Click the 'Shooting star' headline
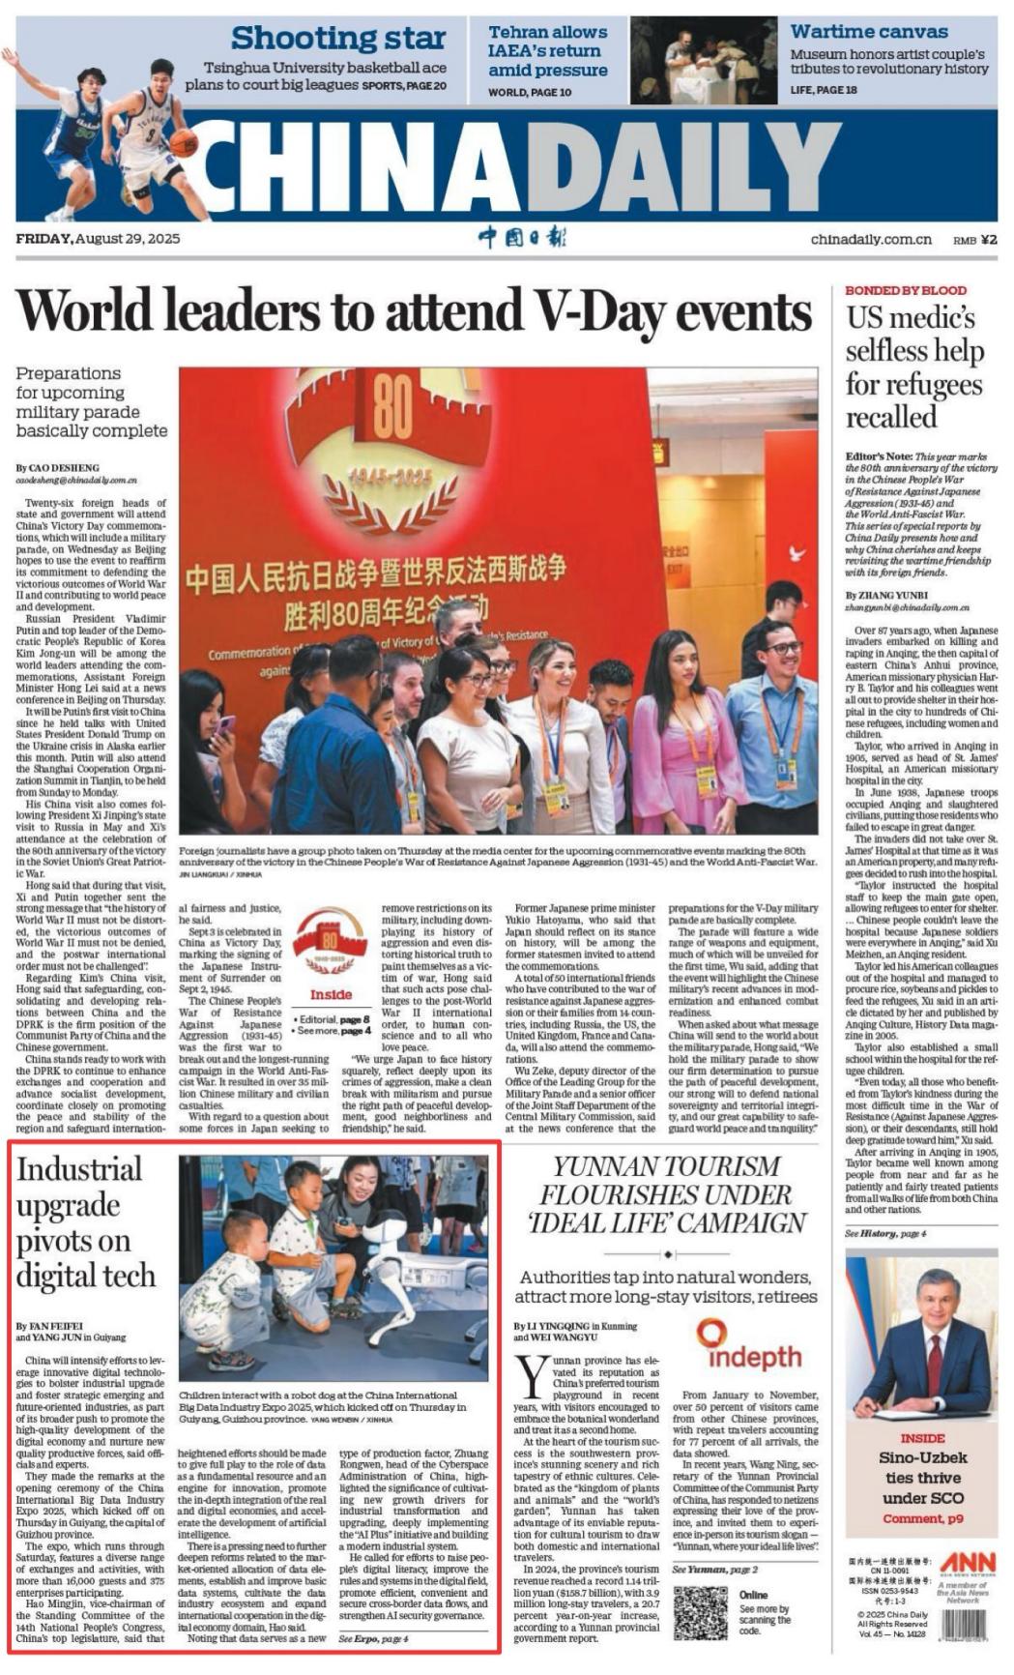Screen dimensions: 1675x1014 (337, 39)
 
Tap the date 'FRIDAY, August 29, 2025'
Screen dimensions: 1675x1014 (98, 239)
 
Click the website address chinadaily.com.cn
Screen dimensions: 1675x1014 (871, 240)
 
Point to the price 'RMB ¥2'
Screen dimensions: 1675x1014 (974, 240)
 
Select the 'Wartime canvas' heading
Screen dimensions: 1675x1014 (868, 32)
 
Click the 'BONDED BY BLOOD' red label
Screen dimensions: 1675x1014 (905, 290)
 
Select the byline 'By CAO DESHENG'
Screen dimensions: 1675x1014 (57, 468)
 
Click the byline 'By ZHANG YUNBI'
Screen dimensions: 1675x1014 (885, 596)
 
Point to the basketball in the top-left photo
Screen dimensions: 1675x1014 (183, 143)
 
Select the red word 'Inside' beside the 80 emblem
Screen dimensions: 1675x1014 (331, 994)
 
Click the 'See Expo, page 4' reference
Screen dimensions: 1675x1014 (373, 1639)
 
